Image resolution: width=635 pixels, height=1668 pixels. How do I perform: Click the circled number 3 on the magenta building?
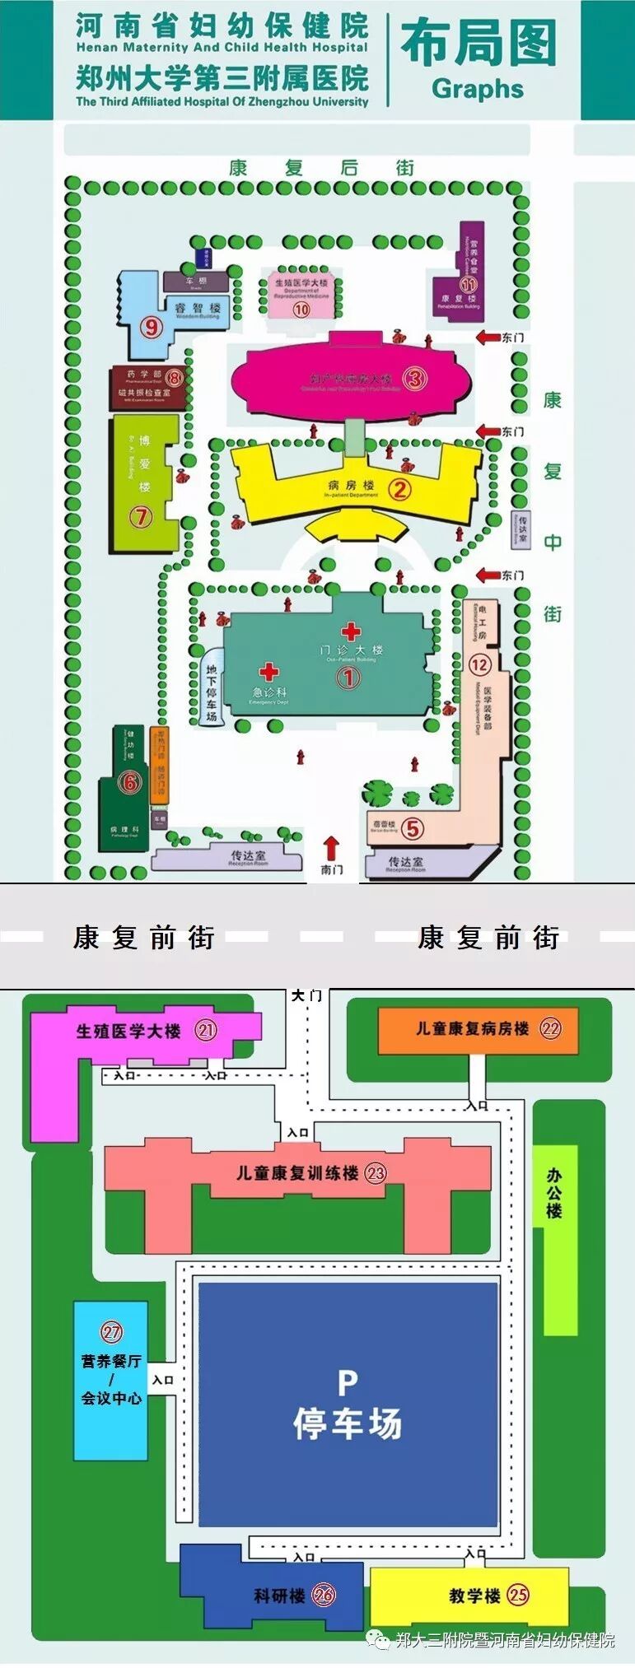pyautogui.click(x=414, y=379)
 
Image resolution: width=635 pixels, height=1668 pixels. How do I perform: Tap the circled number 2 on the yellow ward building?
pyautogui.click(x=399, y=490)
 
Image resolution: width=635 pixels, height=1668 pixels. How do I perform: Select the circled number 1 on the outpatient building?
pyautogui.click(x=348, y=677)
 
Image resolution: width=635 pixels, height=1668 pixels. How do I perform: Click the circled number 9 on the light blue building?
pyautogui.click(x=151, y=327)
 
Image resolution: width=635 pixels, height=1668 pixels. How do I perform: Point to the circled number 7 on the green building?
pyautogui.click(x=142, y=517)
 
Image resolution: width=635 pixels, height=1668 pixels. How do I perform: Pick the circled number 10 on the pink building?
pyautogui.click(x=301, y=310)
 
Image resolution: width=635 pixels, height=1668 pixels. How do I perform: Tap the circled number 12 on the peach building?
pyautogui.click(x=479, y=664)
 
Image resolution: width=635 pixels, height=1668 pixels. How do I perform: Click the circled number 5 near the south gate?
pyautogui.click(x=413, y=828)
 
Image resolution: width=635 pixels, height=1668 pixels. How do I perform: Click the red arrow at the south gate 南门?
pyautogui.click(x=331, y=847)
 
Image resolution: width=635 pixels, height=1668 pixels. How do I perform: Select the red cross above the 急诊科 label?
pyautogui.click(x=268, y=672)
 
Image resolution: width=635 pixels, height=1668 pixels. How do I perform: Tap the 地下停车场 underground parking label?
pyautogui.click(x=212, y=692)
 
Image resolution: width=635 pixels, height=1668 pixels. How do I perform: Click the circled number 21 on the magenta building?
pyautogui.click(x=206, y=1029)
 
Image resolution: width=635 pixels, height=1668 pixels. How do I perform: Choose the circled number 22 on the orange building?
pyautogui.click(x=550, y=1028)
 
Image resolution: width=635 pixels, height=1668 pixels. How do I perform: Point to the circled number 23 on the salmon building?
pyautogui.click(x=376, y=1173)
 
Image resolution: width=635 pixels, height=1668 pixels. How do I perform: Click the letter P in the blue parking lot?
pyautogui.click(x=348, y=1382)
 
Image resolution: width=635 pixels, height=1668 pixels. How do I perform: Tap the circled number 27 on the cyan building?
pyautogui.click(x=111, y=1331)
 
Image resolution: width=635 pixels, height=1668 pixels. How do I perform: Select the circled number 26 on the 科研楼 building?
pyautogui.click(x=324, y=1596)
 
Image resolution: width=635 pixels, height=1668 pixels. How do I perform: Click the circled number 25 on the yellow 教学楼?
pyautogui.click(x=517, y=1595)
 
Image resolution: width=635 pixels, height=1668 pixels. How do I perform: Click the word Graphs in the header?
pyautogui.click(x=478, y=89)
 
